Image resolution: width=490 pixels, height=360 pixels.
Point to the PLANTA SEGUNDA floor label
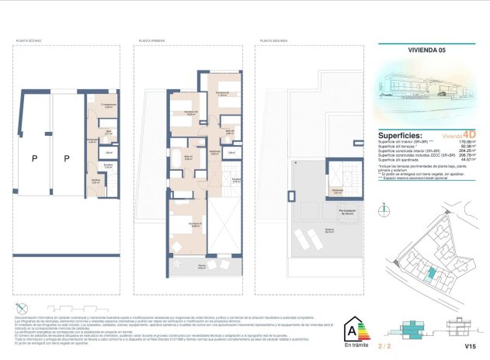point(275,40)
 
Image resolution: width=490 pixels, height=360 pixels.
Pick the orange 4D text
point(467,133)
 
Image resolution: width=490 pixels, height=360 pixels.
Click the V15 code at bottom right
point(469,345)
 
